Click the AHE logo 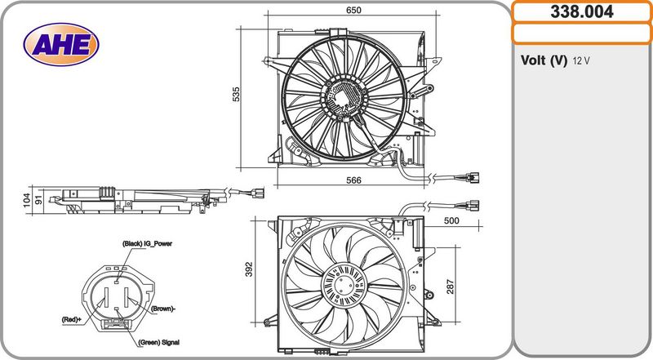tap(61, 44)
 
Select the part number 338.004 tap(582, 11)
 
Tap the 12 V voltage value tap(581, 61)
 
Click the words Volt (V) tap(544, 60)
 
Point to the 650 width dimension tap(353, 10)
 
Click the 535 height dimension tap(236, 94)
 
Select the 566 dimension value tap(353, 180)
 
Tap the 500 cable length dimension tap(451, 220)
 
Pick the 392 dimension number tap(249, 269)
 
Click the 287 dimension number tap(451, 287)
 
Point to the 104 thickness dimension tap(27, 200)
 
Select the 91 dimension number tap(38, 200)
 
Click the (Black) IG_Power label tap(147, 244)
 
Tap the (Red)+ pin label tap(72, 319)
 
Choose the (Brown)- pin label tap(163, 309)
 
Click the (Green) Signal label tap(158, 343)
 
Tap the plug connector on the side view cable tap(257, 193)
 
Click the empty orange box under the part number tap(582, 33)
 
